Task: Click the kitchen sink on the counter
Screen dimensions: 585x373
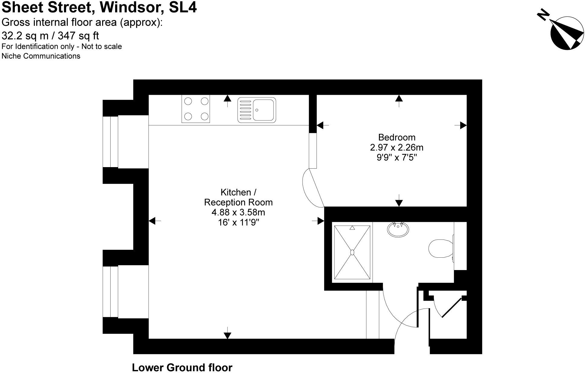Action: coord(257,110)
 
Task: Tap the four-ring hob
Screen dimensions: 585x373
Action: coord(196,109)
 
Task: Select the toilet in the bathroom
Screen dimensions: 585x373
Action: coord(441,248)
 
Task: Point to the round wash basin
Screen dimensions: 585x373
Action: coord(398,229)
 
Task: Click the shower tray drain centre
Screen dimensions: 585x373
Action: coord(352,252)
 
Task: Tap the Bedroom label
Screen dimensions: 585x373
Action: coord(396,137)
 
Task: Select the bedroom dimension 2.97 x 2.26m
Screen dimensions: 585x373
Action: coord(396,147)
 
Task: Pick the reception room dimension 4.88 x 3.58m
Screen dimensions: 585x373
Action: coord(238,212)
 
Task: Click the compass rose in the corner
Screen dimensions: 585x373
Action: coord(567,33)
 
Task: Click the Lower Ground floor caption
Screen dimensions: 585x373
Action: coord(182,367)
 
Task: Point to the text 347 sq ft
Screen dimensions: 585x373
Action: coord(78,36)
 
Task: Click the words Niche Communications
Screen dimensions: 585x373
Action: coord(41,56)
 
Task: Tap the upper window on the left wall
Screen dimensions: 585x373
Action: coord(110,142)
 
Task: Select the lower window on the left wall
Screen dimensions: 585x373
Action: coord(110,292)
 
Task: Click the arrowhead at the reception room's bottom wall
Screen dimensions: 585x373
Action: coord(227,335)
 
